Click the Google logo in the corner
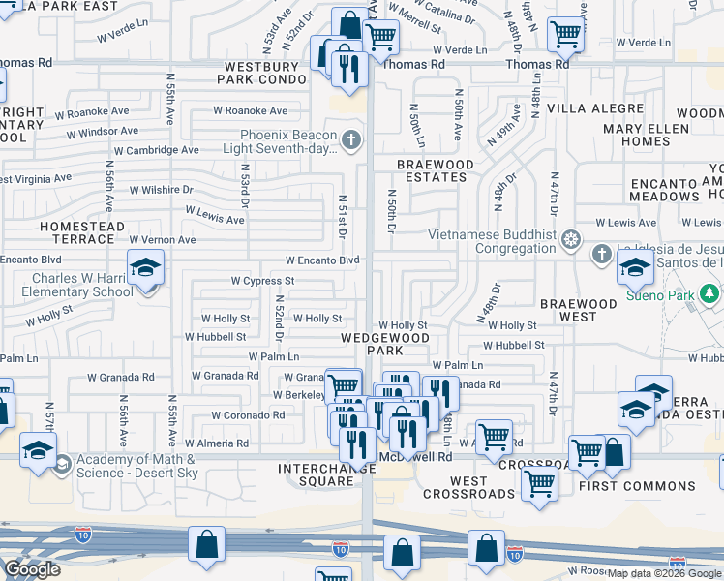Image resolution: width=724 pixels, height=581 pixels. tap(31, 569)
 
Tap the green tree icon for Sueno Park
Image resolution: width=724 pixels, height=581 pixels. tap(710, 293)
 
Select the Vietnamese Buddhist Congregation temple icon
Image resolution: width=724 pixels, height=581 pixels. tap(572, 238)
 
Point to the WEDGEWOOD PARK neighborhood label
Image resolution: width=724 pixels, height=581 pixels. tap(384, 344)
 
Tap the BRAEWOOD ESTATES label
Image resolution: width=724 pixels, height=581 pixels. tap(435, 171)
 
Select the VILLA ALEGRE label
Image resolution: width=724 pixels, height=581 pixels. tap(595, 108)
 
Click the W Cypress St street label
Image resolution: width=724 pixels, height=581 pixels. tap(261, 281)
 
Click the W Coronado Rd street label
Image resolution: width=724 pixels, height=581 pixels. tap(250, 414)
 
